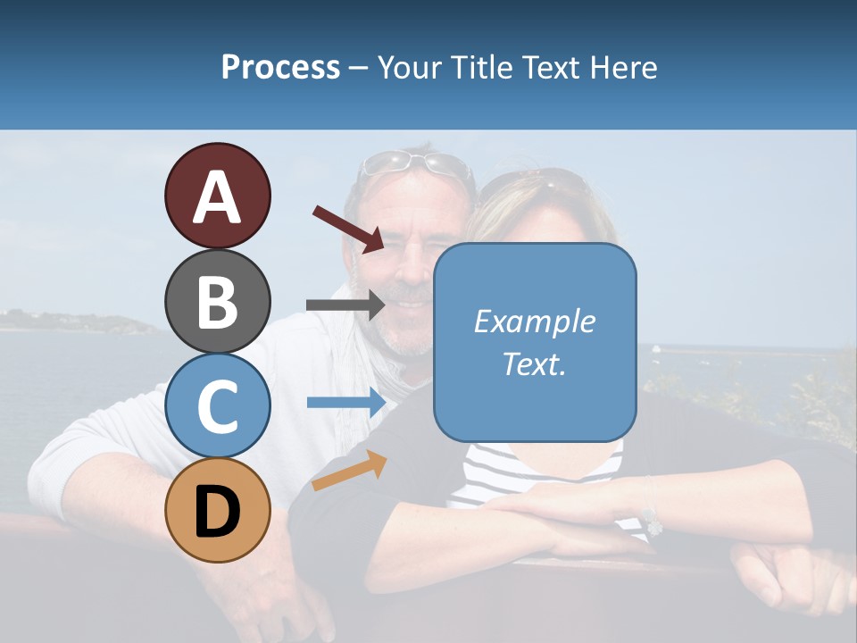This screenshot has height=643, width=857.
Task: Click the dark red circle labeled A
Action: pos(217,196)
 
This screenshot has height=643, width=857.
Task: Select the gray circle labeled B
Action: pos(217,301)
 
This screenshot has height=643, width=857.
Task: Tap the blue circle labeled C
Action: pos(217,405)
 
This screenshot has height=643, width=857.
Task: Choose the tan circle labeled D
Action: pos(217,510)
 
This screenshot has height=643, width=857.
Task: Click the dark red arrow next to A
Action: pos(347,228)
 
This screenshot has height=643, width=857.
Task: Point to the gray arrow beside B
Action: pos(345,305)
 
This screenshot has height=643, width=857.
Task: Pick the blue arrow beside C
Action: pos(345,402)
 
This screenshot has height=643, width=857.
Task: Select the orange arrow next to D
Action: pos(349,471)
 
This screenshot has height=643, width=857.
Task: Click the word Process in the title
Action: pos(280,67)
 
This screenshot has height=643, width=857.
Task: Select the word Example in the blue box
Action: pos(534,321)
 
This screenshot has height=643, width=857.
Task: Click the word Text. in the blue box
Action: pos(534,363)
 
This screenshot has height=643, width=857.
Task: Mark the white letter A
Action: pos(217,197)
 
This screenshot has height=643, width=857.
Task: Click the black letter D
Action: pos(217,512)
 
